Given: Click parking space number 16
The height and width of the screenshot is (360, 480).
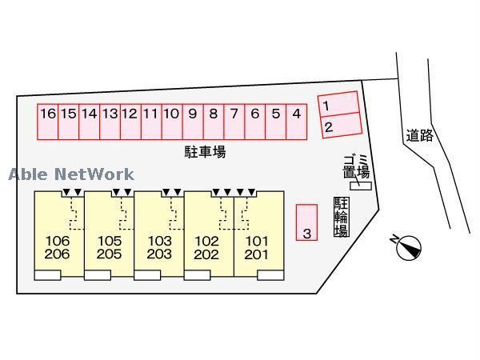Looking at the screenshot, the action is click(48, 122).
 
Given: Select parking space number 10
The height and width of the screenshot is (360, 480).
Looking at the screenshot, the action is click(172, 122).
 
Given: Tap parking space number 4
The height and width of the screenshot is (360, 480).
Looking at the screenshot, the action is click(296, 122).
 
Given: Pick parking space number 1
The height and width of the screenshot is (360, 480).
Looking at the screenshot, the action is click(338, 104).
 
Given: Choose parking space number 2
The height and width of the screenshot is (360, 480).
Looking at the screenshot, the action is click(342, 126).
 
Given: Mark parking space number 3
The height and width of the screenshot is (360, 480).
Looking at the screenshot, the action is click(306, 222).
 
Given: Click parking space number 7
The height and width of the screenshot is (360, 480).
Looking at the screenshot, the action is click(234, 122).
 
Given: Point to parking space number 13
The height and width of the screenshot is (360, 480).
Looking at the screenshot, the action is click(110, 122).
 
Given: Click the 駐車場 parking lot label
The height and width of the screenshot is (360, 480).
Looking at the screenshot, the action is click(205, 152).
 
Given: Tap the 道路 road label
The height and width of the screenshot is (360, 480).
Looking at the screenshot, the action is click(420, 136).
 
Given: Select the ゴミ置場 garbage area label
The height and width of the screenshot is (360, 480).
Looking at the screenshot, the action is click(356, 167).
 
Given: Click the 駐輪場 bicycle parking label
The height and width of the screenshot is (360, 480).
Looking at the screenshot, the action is click(342, 217).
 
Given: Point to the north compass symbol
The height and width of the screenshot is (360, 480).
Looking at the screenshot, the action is click(408, 247).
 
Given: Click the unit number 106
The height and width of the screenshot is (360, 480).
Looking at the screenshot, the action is click(58, 241).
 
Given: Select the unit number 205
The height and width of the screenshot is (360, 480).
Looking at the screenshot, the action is click(109, 254).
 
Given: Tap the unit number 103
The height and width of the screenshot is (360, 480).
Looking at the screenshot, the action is click(159, 241).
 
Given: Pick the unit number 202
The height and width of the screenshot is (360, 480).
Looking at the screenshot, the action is click(206, 254).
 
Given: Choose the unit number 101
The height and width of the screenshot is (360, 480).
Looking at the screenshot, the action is click(257, 242).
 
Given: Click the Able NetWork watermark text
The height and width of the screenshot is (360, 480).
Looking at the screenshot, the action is click(71, 174).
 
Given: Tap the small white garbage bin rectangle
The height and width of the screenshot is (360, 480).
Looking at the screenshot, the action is click(361, 186).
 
